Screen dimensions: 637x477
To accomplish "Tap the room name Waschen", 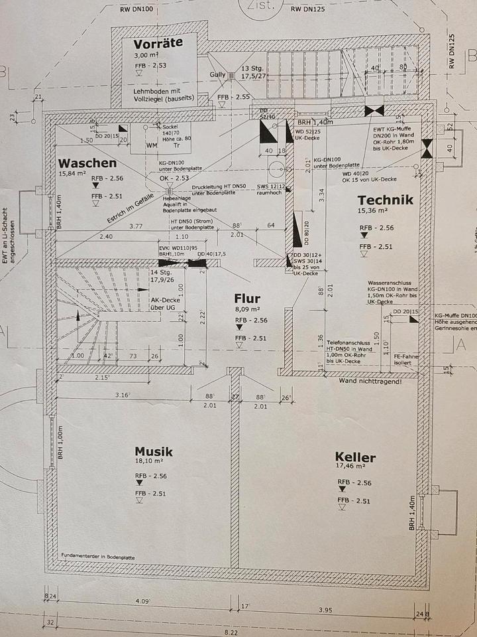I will tap(87, 163).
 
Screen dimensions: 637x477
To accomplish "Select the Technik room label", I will tap(385, 200).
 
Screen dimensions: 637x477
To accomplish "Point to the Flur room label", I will tap(246, 299).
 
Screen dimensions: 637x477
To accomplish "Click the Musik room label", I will tap(154, 452).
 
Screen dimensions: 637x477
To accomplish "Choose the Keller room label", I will tap(355, 457).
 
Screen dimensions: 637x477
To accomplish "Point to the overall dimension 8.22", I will tap(231, 632).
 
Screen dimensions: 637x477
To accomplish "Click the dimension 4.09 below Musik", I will tap(142, 602).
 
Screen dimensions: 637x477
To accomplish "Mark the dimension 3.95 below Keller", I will tap(324, 609).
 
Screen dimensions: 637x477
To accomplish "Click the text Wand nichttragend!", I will tap(370, 382).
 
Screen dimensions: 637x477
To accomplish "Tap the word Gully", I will tap(217, 74).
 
